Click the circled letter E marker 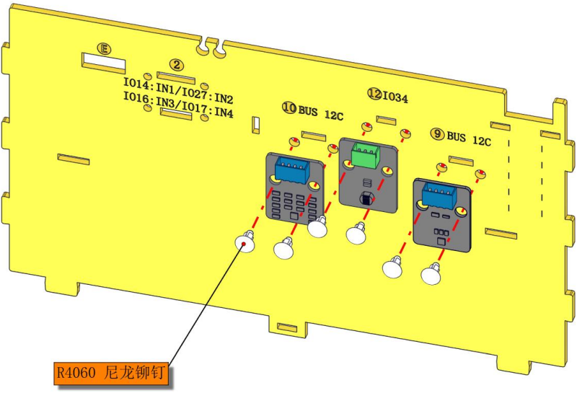point(104,48)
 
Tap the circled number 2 point(177,65)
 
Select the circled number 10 point(289,107)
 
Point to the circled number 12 point(375,94)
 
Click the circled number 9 point(437,134)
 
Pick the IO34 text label point(395,98)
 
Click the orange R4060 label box point(111,373)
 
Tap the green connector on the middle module point(365,154)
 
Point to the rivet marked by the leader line point(245,242)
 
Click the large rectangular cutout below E point(103,63)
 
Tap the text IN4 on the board point(224,112)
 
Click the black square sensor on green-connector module point(366,199)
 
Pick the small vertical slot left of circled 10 point(256,125)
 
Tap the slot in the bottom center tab point(287,327)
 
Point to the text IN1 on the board point(166,89)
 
